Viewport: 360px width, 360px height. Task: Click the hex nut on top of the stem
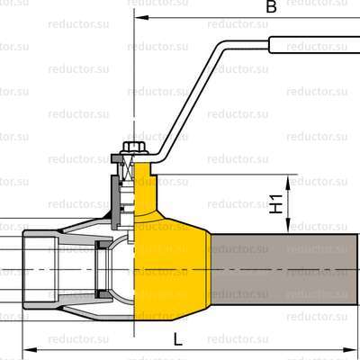tap(133, 147)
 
